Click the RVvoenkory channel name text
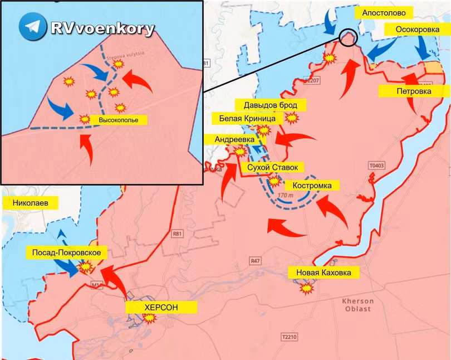tap(102, 28)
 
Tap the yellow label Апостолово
tap(388, 12)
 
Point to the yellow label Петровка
tap(413, 91)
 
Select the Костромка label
tap(312, 185)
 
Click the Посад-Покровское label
tap(66, 254)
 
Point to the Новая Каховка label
tap(323, 273)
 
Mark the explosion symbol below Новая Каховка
tap(306, 288)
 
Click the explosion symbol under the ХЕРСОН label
tap(149, 318)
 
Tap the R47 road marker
tap(256, 260)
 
